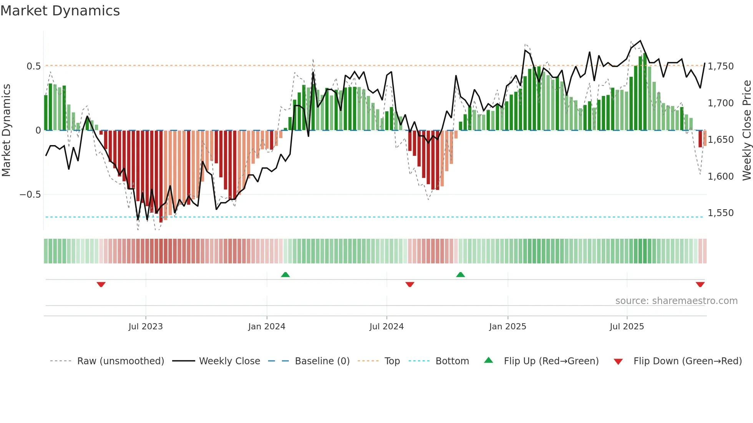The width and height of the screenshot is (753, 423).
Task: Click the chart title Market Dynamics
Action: pos(60,11)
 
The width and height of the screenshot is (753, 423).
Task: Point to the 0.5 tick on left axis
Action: pos(33,66)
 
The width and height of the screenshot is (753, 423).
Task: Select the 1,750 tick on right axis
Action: pos(721,66)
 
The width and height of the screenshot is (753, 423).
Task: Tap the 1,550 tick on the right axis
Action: pos(721,213)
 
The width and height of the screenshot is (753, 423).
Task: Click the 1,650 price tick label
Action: pos(721,140)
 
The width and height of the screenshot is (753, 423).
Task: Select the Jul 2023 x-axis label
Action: pos(146,327)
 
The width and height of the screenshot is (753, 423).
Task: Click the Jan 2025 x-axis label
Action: pos(508,327)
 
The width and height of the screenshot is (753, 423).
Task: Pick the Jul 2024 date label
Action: pos(386,327)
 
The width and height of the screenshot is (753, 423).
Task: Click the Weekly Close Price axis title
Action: pos(746,131)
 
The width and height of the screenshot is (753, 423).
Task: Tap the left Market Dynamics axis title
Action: pos(6,131)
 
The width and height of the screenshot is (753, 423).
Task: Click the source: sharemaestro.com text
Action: pos(676,301)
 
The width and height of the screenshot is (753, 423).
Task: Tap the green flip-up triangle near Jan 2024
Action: pos(285,274)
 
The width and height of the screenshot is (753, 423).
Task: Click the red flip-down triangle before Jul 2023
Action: pos(101,284)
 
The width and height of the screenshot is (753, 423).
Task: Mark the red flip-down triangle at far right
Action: pos(700,284)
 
